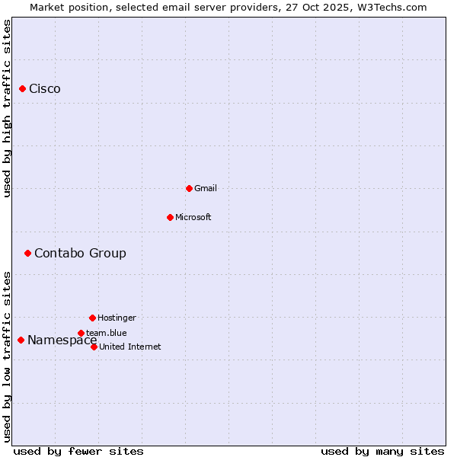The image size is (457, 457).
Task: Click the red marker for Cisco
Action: pyautogui.click(x=22, y=89)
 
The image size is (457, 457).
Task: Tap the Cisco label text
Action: pyautogui.click(x=45, y=89)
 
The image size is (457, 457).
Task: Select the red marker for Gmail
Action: pyautogui.click(x=189, y=188)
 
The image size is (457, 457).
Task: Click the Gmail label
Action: pyautogui.click(x=206, y=188)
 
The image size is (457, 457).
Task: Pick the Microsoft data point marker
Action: pyautogui.click(x=170, y=217)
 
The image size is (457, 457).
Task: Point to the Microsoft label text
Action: pyautogui.click(x=193, y=217)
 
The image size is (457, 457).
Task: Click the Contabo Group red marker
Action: pyautogui.click(x=27, y=253)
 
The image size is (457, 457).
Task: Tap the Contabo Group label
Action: pyautogui.click(x=80, y=253)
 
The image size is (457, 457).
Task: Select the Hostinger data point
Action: pyautogui.click(x=92, y=318)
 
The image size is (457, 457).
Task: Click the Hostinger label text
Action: pyautogui.click(x=117, y=318)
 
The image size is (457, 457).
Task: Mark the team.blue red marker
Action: pyautogui.click(x=81, y=333)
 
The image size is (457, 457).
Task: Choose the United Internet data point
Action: pyautogui.click(x=94, y=347)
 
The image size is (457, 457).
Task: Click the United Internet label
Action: pyautogui.click(x=130, y=347)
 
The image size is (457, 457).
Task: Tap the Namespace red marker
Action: pyautogui.click(x=21, y=340)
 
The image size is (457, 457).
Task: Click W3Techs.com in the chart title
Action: pyautogui.click(x=390, y=7)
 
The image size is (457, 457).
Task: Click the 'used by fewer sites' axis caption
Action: pyautogui.click(x=78, y=451)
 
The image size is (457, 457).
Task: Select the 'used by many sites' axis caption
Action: pyautogui.click(x=382, y=451)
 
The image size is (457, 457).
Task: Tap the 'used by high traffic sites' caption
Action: pyautogui.click(x=7, y=108)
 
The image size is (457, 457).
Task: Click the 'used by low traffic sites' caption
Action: pyautogui.click(x=7, y=356)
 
